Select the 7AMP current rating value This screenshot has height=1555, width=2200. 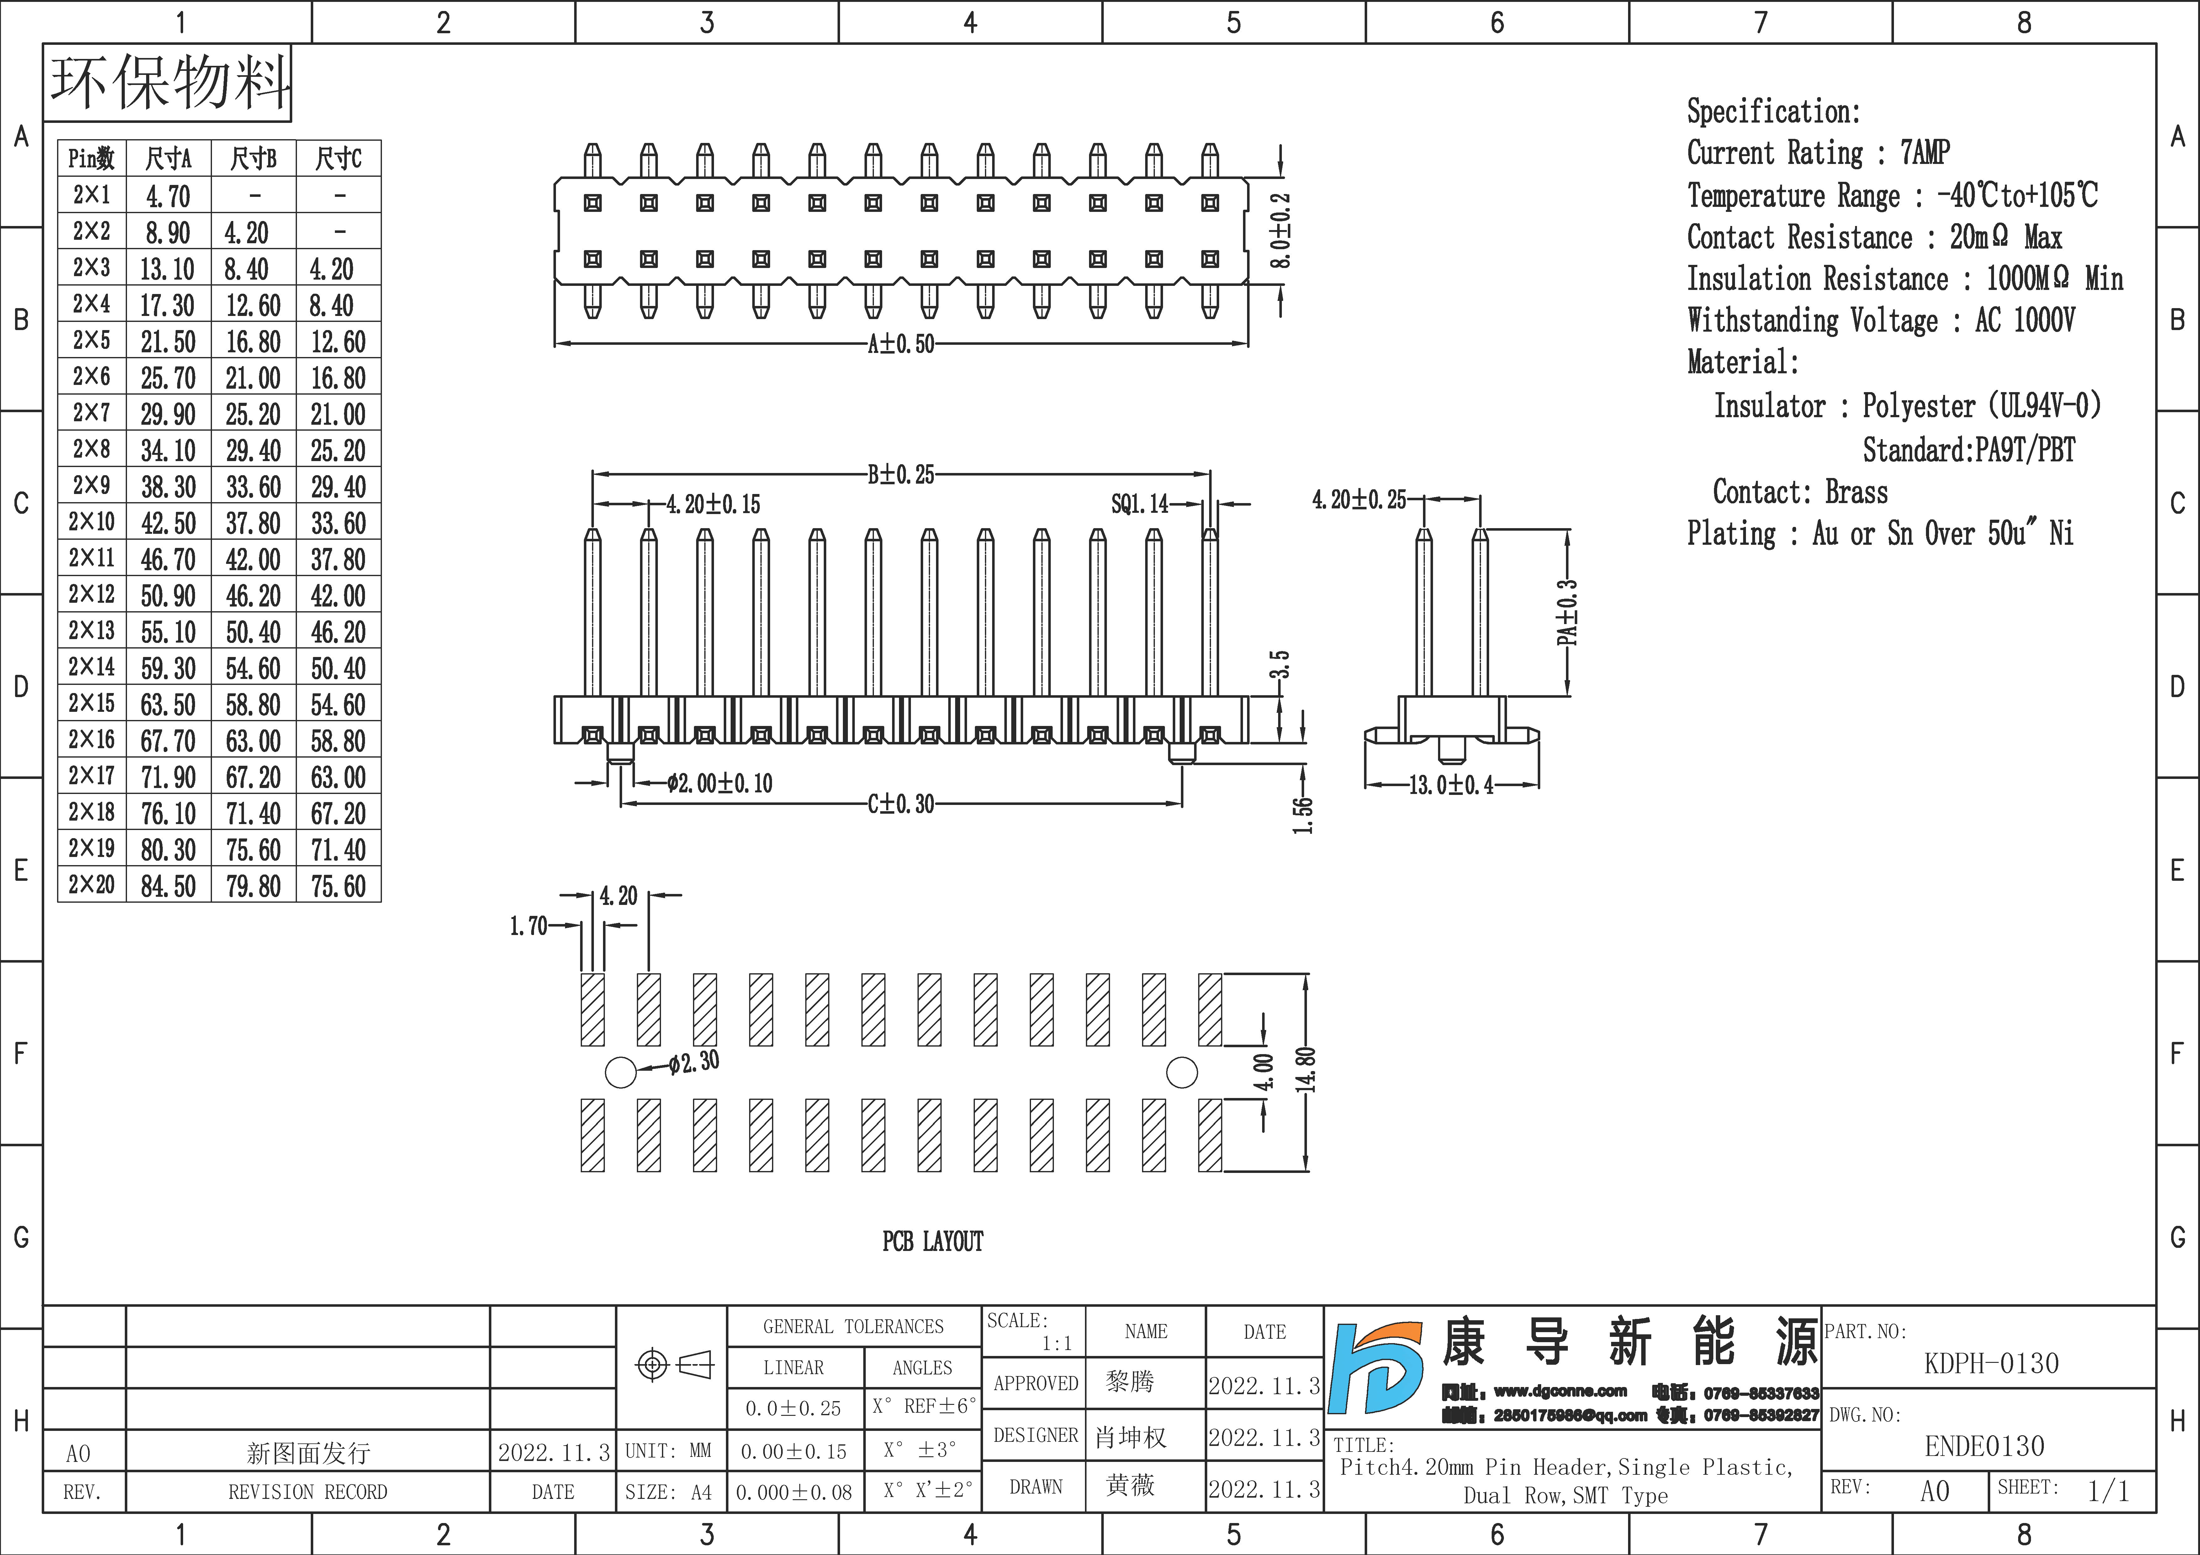pyautogui.click(x=1925, y=152)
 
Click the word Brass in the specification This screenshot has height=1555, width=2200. pyautogui.click(x=1856, y=492)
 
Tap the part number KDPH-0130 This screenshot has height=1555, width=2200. pyautogui.click(x=1991, y=1363)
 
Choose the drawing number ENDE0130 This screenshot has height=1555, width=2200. pyautogui.click(x=1984, y=1446)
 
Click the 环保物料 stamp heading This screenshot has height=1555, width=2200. pyautogui.click(x=169, y=83)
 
